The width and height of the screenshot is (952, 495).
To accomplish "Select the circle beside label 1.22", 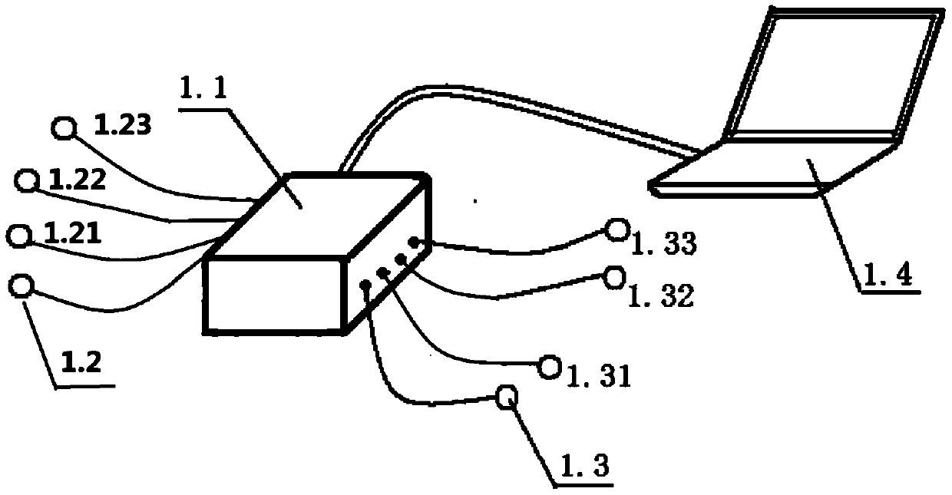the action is click(x=28, y=181).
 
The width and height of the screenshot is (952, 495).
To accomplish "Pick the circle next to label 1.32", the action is click(x=613, y=278).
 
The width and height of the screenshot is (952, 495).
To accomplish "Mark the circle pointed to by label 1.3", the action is click(x=506, y=398).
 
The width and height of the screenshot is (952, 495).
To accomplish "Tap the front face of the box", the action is click(x=273, y=295).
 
